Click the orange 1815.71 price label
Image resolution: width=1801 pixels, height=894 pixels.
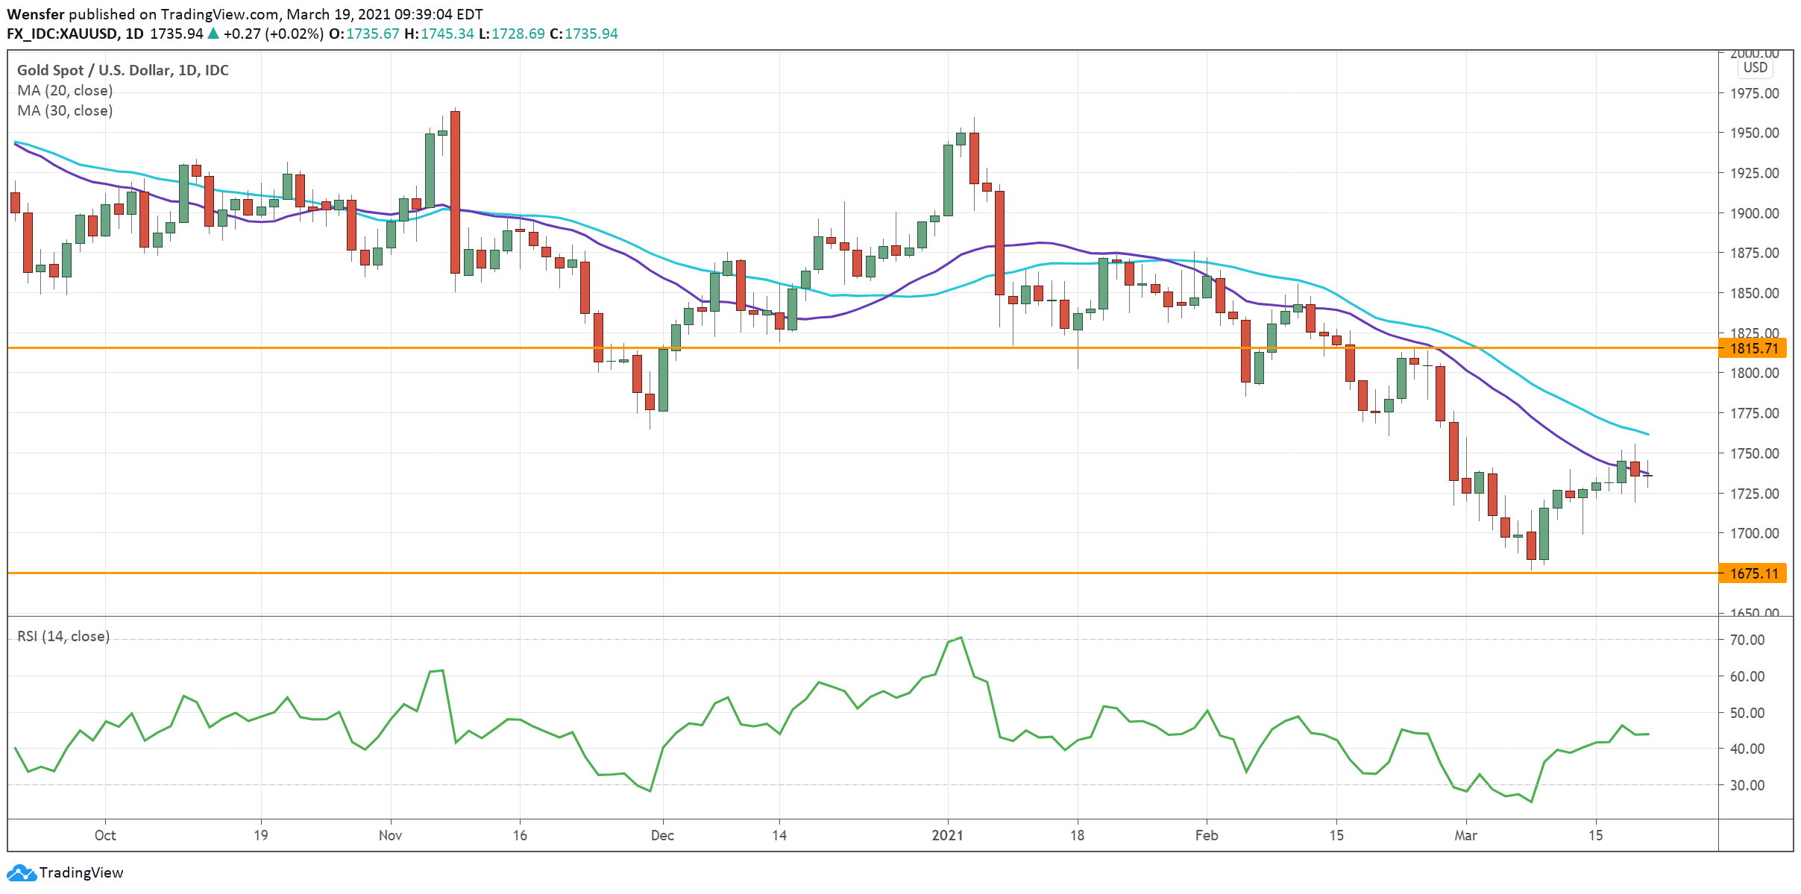point(1753,348)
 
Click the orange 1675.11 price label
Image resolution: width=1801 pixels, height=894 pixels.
point(1753,573)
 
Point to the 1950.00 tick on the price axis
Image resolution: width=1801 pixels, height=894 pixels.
point(1754,133)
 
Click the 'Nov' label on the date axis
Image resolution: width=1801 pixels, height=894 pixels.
point(390,835)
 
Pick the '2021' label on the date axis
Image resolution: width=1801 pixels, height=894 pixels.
point(947,835)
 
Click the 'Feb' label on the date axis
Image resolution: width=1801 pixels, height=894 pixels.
point(1206,835)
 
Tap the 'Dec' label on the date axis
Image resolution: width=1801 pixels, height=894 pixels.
point(662,835)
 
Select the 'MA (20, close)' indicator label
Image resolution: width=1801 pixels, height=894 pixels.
point(65,90)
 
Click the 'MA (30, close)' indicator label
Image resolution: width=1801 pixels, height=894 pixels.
point(65,110)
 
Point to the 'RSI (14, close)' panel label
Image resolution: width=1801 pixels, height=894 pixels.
point(63,636)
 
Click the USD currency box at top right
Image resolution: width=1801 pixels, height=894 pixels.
point(1755,68)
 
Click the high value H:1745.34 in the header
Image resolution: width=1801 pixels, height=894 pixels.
point(439,34)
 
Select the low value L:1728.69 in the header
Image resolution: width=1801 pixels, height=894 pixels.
point(511,34)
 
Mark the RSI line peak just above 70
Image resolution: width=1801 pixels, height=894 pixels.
point(961,638)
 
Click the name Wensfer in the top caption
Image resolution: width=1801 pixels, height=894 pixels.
point(35,14)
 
